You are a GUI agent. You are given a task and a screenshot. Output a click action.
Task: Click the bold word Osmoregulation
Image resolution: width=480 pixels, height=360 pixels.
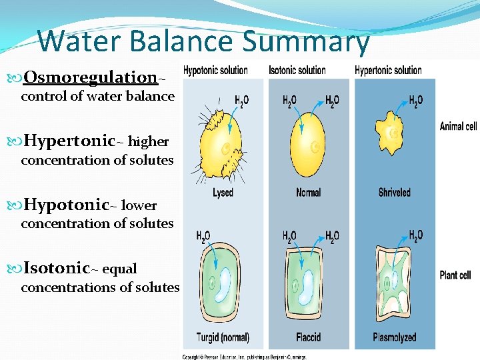coord(90,77)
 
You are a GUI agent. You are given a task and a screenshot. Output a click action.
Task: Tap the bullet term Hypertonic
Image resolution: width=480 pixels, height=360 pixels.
coord(69,141)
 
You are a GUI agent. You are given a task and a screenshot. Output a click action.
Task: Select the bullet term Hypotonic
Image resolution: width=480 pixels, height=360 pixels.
coord(66,204)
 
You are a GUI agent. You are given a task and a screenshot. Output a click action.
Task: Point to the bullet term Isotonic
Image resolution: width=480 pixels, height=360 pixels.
coord(57,268)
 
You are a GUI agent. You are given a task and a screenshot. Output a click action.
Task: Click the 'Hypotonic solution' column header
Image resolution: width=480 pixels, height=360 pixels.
coord(215,70)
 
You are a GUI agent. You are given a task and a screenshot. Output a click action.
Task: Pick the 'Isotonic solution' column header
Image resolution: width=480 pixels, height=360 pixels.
coord(297,70)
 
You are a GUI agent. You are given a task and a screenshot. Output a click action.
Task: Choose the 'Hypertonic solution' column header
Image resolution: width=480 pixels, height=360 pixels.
coord(388,70)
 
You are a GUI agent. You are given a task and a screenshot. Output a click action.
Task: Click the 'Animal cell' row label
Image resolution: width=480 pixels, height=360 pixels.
coord(458,126)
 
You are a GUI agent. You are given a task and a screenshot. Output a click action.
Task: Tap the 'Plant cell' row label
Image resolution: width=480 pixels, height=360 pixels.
coord(455,275)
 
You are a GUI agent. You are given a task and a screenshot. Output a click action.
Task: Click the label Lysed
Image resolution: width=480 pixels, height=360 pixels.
coord(223,193)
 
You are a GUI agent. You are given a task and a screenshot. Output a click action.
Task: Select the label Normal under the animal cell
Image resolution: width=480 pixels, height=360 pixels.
coord(308,193)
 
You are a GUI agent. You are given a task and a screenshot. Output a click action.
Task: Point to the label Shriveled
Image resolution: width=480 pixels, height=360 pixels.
coord(394,193)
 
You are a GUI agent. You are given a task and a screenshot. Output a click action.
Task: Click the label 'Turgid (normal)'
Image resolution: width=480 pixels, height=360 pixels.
coord(223,337)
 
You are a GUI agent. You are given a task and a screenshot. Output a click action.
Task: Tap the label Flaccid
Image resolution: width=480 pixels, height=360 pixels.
coord(308,337)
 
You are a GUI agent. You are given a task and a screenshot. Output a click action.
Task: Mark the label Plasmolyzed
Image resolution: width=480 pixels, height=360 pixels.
coord(395,337)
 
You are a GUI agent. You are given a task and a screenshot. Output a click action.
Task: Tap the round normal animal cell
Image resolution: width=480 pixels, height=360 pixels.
coord(308,142)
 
